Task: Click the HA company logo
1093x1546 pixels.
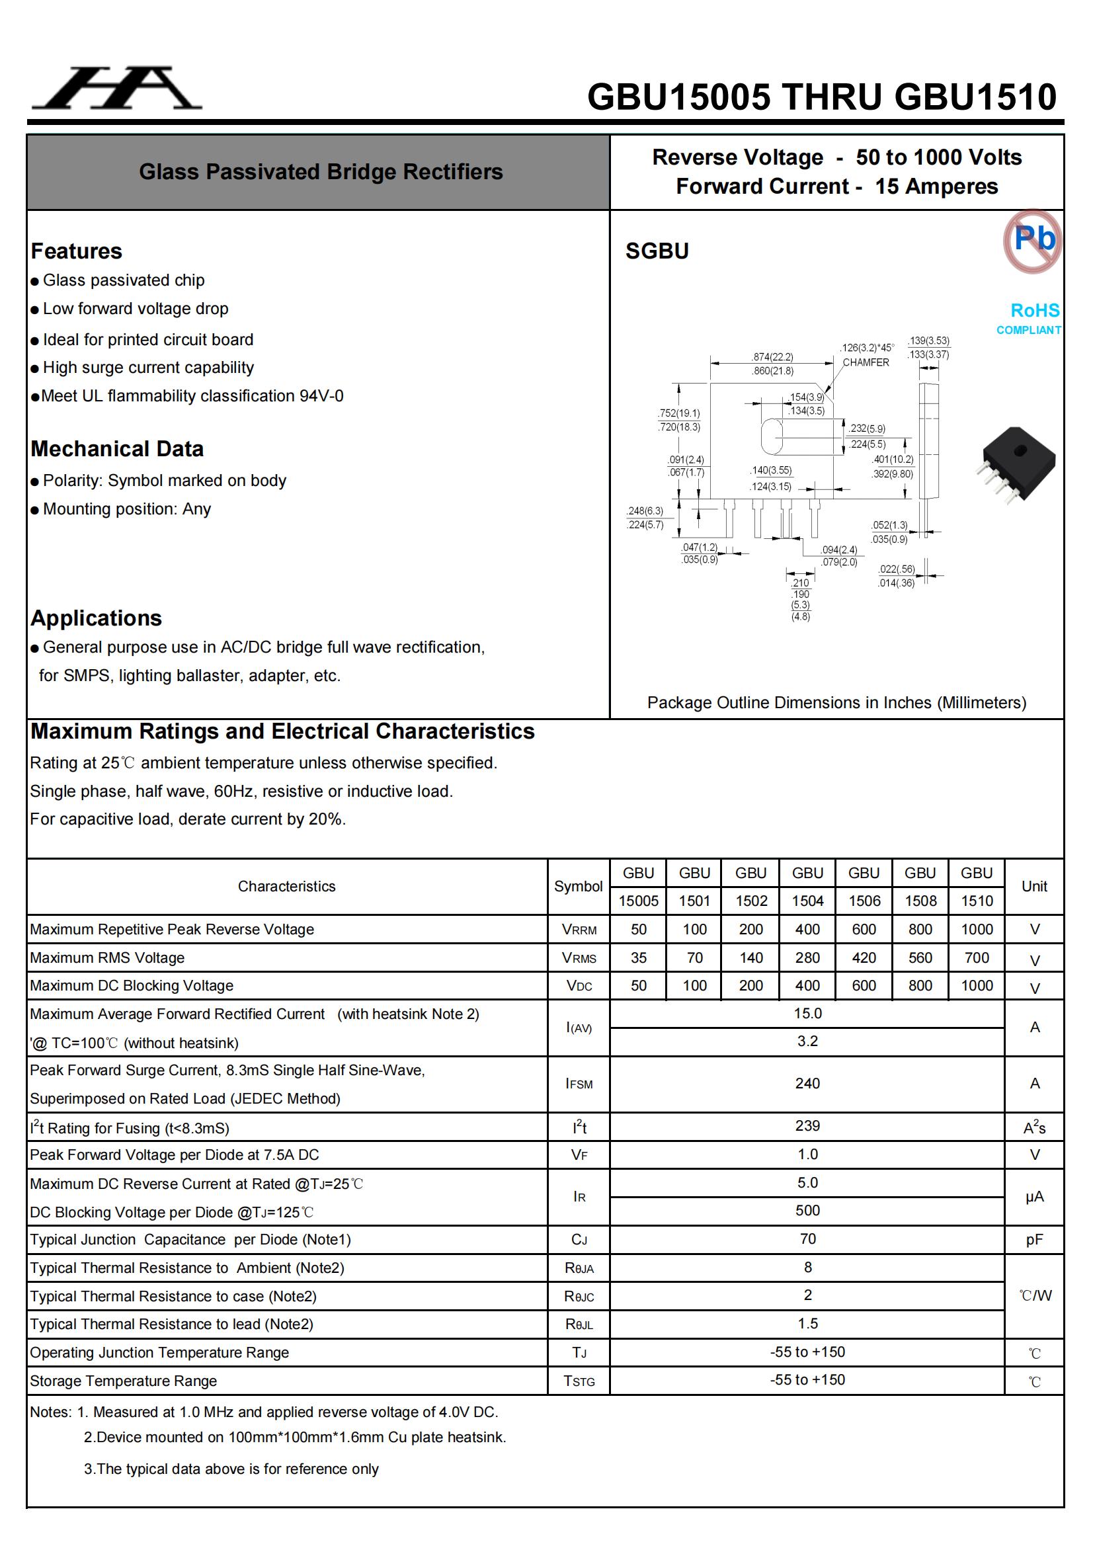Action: coord(116,88)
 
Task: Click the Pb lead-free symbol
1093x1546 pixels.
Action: coord(1032,240)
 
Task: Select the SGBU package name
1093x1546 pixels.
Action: coord(657,251)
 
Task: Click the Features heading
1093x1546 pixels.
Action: coord(77,251)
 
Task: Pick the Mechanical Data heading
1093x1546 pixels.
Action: coord(117,449)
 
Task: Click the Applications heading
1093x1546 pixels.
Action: coord(97,618)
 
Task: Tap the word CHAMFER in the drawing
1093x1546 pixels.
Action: coord(866,362)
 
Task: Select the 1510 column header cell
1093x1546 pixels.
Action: coord(977,901)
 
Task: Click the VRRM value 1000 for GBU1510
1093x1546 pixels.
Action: coord(977,929)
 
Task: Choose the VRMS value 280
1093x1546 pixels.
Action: coord(807,957)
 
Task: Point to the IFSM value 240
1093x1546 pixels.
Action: coord(807,1083)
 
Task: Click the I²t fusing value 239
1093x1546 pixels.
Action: coord(807,1126)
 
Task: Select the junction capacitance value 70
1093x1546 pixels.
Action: coord(807,1239)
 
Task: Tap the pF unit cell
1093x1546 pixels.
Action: coord(1033,1240)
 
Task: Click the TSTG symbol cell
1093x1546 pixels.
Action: coord(579,1381)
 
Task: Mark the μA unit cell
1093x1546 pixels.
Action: coord(1033,1197)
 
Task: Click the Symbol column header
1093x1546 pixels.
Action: coord(578,886)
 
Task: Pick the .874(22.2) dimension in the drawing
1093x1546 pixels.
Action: coord(772,357)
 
